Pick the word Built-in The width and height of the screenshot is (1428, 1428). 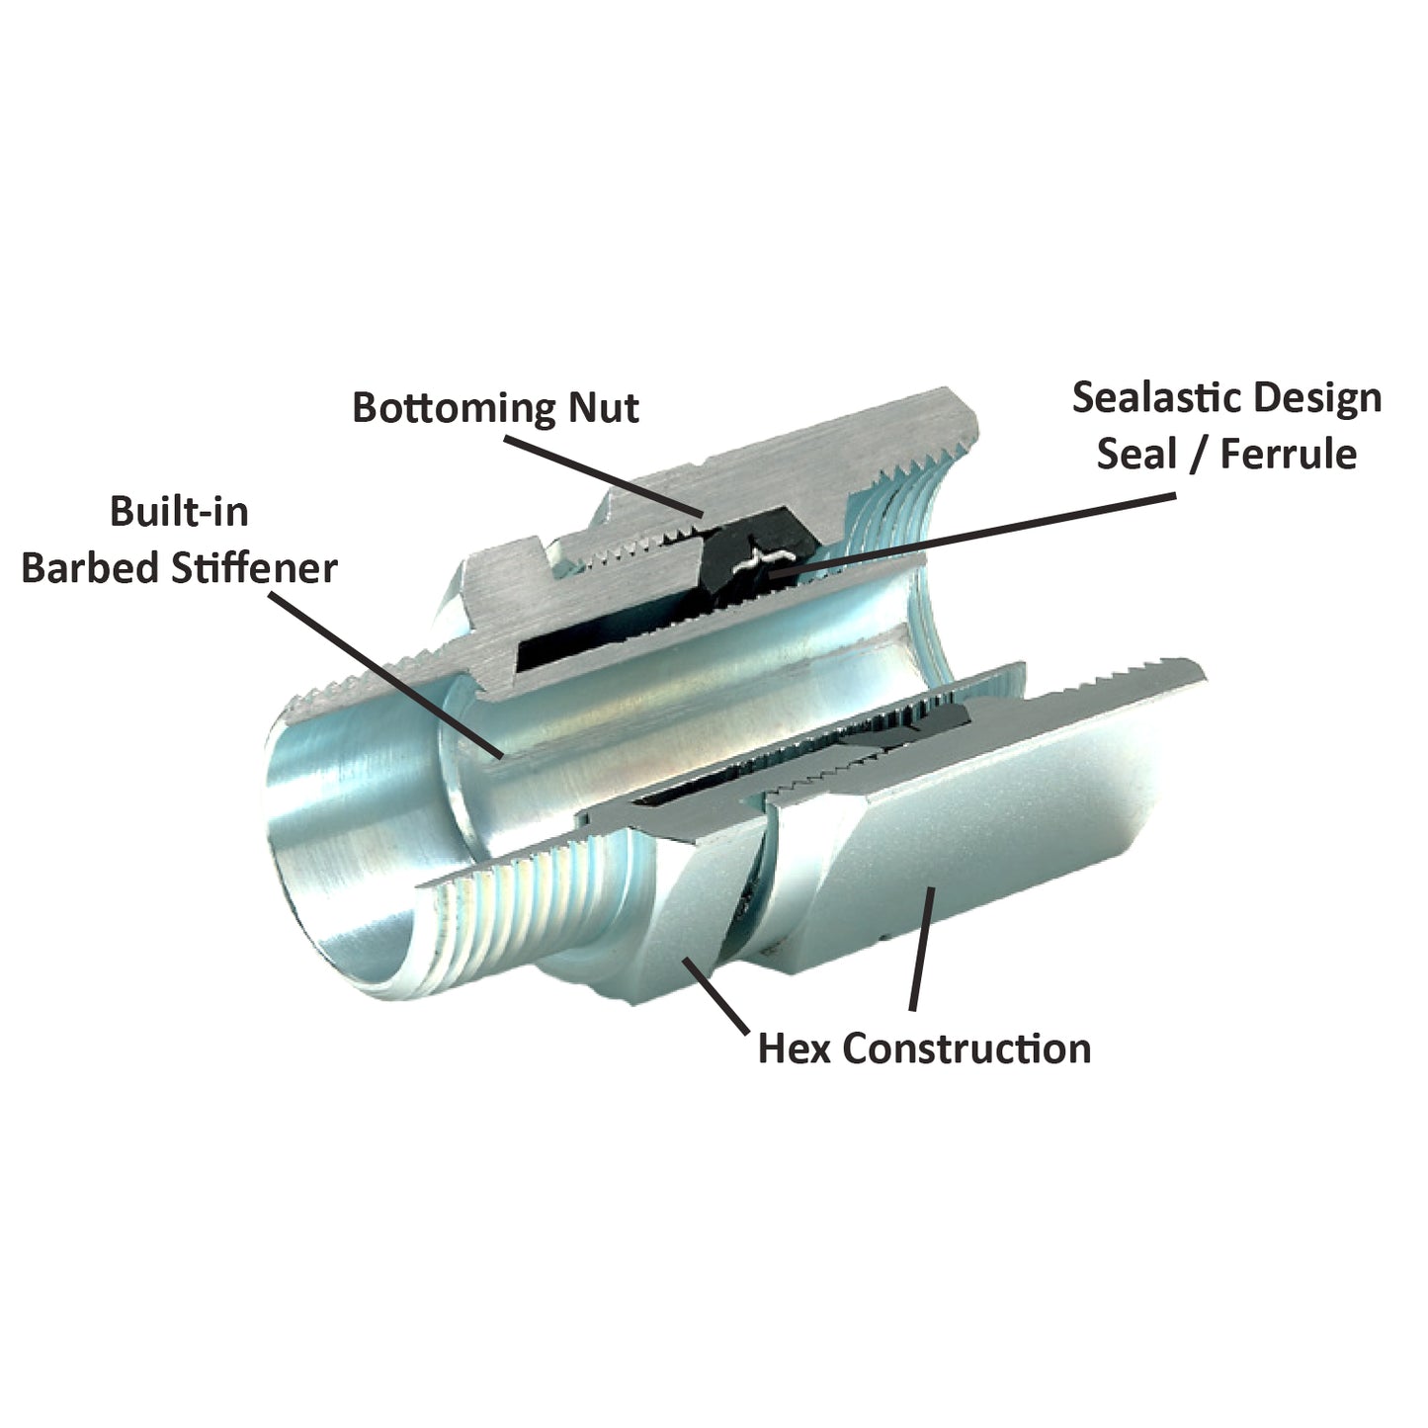tap(179, 512)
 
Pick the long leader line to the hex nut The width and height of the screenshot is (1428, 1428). tap(920, 949)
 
